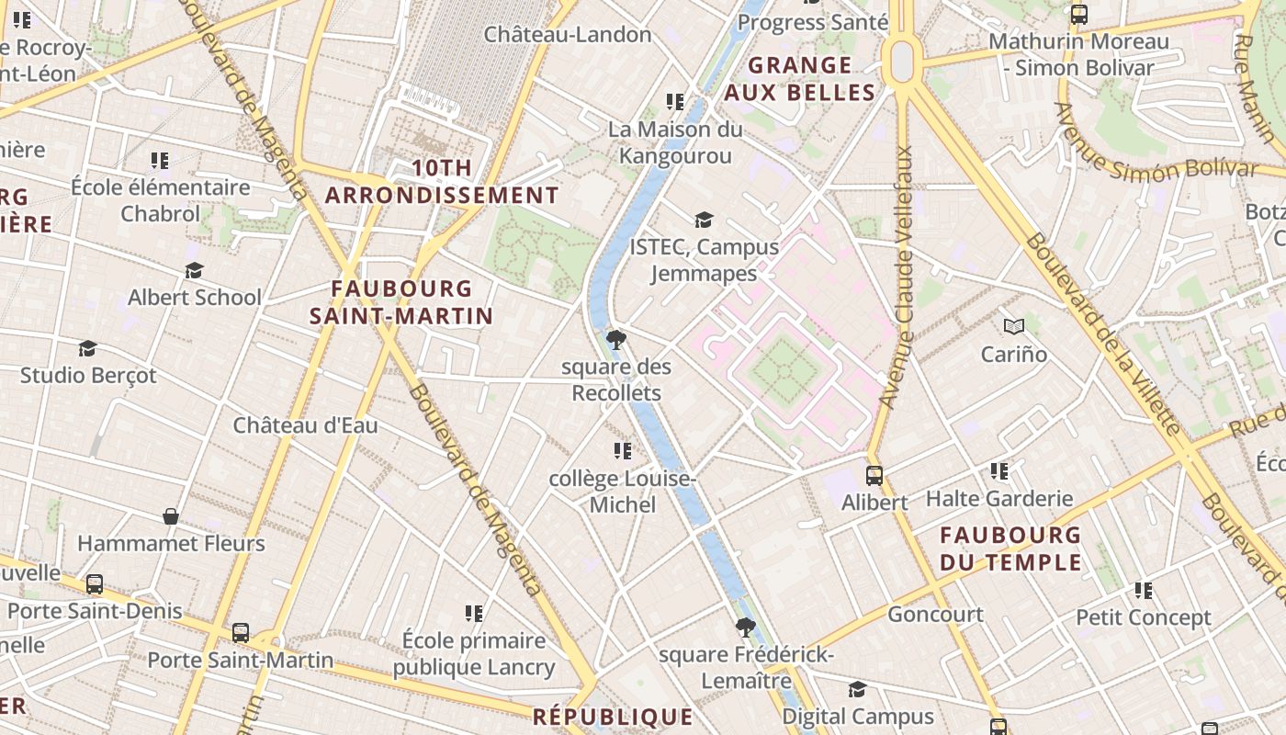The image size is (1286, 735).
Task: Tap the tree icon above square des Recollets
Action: pyautogui.click(x=616, y=341)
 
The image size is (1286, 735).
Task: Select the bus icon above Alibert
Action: pyautogui.click(x=874, y=476)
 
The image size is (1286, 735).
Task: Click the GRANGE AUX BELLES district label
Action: pyautogui.click(x=799, y=79)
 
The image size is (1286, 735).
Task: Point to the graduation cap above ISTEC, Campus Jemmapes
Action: pyautogui.click(x=704, y=220)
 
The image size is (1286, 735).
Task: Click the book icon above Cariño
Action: pyautogui.click(x=1014, y=327)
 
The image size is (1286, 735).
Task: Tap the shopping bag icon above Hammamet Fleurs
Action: pyautogui.click(x=171, y=516)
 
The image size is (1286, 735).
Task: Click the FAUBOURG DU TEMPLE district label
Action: pyautogui.click(x=1010, y=548)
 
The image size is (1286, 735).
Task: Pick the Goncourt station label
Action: pyautogui.click(x=935, y=614)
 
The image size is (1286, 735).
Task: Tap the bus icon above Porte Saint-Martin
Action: pyautogui.click(x=241, y=632)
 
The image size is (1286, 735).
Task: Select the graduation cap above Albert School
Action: pyautogui.click(x=194, y=271)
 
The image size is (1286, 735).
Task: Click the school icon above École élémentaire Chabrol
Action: pyautogui.click(x=161, y=161)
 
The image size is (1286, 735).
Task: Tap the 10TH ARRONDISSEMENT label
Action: pyautogui.click(x=442, y=182)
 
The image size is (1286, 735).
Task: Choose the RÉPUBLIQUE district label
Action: pyautogui.click(x=613, y=716)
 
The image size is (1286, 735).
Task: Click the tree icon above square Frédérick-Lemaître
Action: pyautogui.click(x=746, y=628)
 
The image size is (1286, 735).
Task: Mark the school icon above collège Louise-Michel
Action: pyautogui.click(x=623, y=451)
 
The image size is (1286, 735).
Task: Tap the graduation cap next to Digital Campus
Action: pyautogui.click(x=857, y=689)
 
